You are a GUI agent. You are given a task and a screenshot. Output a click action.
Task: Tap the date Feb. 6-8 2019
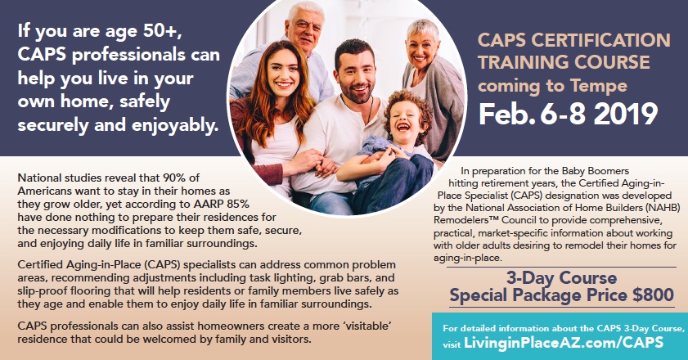569,115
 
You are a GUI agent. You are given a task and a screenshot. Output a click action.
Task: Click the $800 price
654,295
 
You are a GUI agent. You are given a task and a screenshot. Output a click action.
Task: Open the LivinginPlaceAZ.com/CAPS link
564,343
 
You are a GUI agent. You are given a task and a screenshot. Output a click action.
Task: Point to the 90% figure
176,178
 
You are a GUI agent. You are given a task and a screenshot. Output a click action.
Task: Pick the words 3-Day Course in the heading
562,278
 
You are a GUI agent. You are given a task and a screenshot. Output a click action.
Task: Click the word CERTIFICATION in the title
601,40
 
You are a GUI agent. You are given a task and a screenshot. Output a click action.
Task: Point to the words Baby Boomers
589,171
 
